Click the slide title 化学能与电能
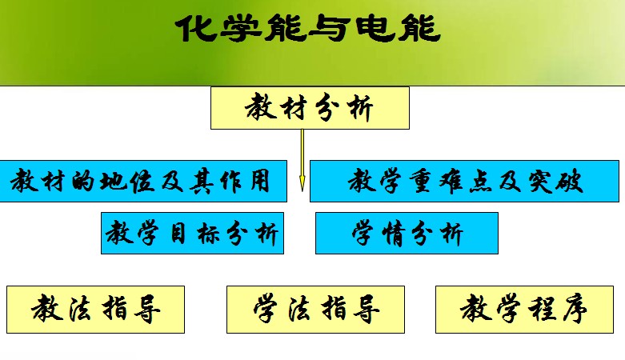(x=308, y=28)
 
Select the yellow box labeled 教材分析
(x=310, y=108)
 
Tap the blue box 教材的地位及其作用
(x=143, y=181)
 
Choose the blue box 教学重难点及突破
(x=464, y=181)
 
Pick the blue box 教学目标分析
(x=192, y=234)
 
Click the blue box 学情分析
(x=407, y=234)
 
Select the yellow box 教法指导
(x=96, y=310)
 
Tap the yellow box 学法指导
(x=315, y=310)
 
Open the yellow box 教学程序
(x=524, y=310)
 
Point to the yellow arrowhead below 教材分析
(x=302, y=183)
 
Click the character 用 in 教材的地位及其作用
(x=260, y=182)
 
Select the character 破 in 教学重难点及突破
(x=570, y=182)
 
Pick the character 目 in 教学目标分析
(x=178, y=234)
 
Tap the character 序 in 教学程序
(x=575, y=308)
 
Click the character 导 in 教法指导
(x=147, y=309)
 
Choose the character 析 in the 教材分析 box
(x=360, y=108)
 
